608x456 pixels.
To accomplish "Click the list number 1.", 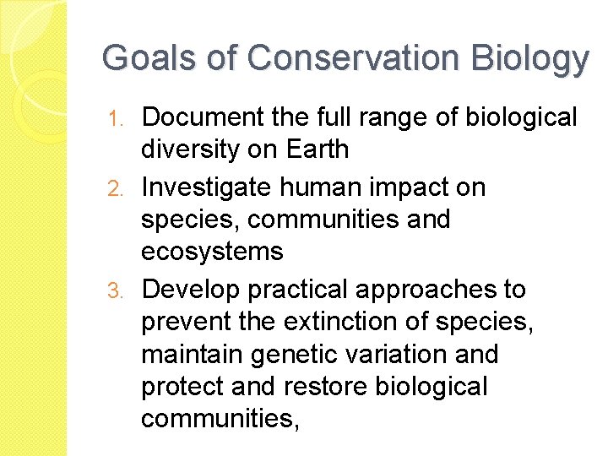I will pos(122,117).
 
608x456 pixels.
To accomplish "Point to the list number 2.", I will pos(122,187).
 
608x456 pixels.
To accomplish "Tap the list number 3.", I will pos(122,290).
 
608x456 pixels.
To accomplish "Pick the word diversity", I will pos(191,149).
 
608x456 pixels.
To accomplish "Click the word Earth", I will pos(317,149).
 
